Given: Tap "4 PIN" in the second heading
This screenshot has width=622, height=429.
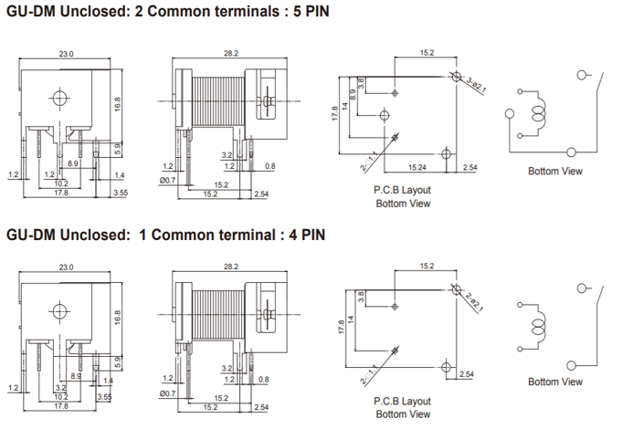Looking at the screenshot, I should click(x=300, y=235).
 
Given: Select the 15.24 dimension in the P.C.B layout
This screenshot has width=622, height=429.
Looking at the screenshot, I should click(x=416, y=168).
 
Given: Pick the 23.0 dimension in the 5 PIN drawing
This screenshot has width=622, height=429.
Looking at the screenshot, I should click(x=66, y=54).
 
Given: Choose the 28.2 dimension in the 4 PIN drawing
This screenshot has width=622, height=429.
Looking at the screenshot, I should click(x=230, y=267).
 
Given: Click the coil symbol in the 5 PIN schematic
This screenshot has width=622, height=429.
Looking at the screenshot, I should click(x=539, y=114).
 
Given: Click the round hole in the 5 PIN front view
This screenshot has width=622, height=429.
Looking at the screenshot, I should click(x=60, y=99).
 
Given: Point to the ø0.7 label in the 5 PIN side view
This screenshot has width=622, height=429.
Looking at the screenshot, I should click(x=167, y=180).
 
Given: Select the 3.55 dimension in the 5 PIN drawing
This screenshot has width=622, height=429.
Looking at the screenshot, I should click(x=120, y=193).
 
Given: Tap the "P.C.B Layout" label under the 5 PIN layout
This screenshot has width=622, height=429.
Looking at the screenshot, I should click(x=402, y=190).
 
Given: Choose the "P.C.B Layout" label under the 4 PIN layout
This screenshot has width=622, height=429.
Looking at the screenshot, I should click(x=402, y=401).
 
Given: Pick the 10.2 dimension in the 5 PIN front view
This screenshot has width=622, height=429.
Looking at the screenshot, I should click(x=60, y=183).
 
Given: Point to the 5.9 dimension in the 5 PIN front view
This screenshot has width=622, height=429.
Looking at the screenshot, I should click(x=118, y=146).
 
